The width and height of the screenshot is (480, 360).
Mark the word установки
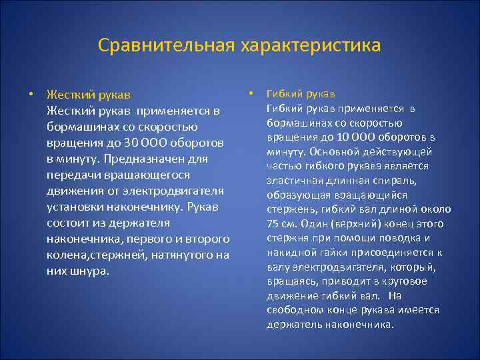pos(74,207)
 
